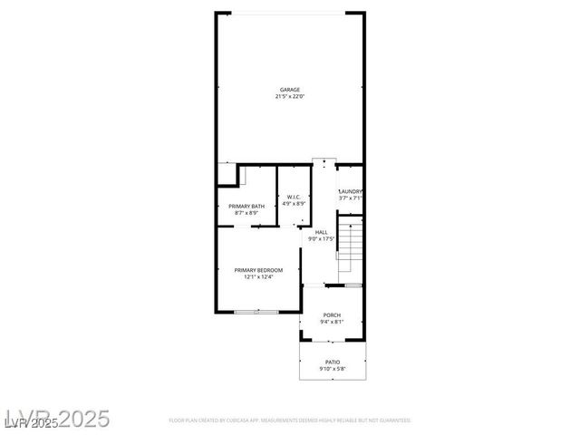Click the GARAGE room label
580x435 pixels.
pyautogui.click(x=289, y=90)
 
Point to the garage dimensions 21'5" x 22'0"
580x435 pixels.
pyautogui.click(x=289, y=96)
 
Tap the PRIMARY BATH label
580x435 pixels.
pyautogui.click(x=246, y=207)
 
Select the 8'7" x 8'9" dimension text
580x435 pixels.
pyautogui.click(x=246, y=213)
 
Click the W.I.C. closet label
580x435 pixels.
pyautogui.click(x=294, y=198)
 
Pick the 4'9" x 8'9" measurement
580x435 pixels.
pyautogui.click(x=294, y=204)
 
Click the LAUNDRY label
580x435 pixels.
pyautogui.click(x=351, y=191)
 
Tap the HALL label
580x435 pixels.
pyautogui.click(x=322, y=232)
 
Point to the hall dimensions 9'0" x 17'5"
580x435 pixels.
pyautogui.click(x=322, y=239)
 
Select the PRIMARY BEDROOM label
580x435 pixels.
pyautogui.click(x=258, y=270)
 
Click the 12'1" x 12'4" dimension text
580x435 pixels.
pyautogui.click(x=258, y=277)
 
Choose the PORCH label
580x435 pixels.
pyautogui.click(x=332, y=315)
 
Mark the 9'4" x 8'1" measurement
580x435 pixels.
pyautogui.click(x=332, y=323)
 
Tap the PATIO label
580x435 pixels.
pyautogui.click(x=333, y=362)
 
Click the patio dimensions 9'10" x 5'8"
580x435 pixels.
pyautogui.click(x=333, y=369)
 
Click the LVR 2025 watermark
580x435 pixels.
pyautogui.click(x=56, y=419)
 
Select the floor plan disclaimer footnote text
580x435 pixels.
pyautogui.click(x=290, y=420)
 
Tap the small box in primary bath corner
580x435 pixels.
pyautogui.click(x=226, y=175)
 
